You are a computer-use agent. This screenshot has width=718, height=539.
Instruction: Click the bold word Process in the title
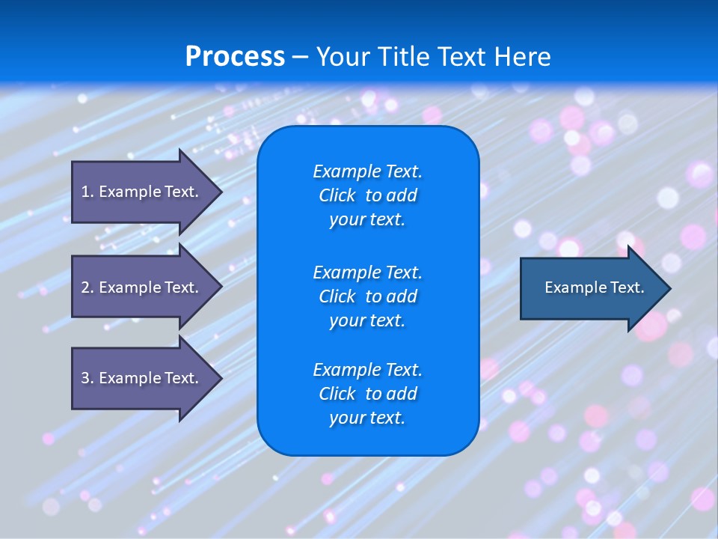pos(235,57)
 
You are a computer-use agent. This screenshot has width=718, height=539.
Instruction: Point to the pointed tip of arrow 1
pos(221,192)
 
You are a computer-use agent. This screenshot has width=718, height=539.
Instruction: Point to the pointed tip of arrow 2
pos(221,287)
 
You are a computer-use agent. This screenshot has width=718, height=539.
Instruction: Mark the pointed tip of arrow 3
pos(221,378)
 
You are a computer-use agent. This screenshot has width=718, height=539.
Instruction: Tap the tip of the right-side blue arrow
pos(669,288)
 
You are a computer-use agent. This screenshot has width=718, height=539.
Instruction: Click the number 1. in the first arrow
pos(88,192)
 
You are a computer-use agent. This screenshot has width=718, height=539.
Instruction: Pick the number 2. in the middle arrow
pos(88,287)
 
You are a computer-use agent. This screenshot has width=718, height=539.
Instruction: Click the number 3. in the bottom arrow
pos(88,378)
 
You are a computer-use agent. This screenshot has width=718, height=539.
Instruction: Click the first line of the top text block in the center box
pos(367,171)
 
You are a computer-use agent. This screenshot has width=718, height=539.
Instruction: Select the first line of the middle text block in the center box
pos(367,272)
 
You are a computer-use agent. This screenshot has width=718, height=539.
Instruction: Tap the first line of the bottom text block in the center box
pos(367,370)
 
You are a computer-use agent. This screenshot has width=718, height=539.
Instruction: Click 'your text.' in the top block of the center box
pos(367,220)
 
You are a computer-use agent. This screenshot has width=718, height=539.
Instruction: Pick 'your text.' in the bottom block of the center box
pos(367,418)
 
